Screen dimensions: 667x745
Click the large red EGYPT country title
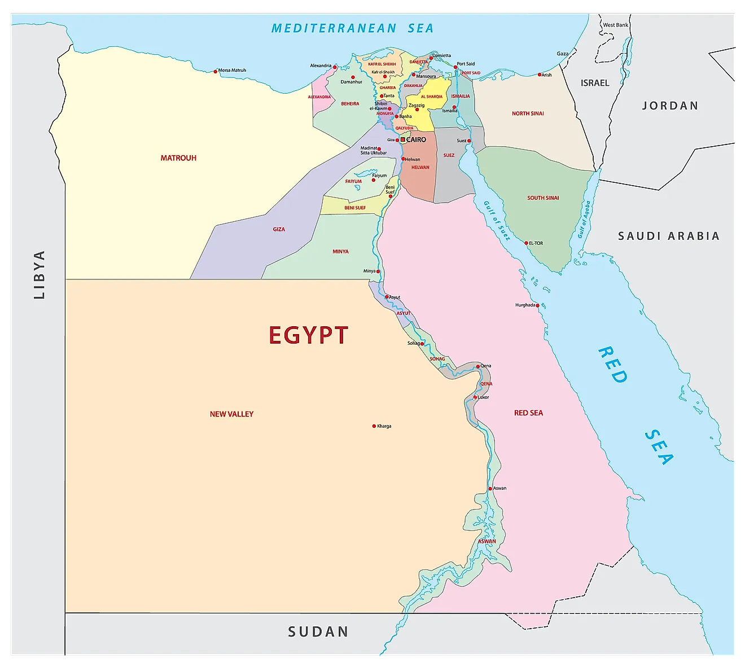click(x=308, y=335)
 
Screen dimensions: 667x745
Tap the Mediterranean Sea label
click(x=352, y=28)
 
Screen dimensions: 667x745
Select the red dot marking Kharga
click(x=374, y=426)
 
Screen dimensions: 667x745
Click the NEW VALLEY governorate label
click(x=231, y=414)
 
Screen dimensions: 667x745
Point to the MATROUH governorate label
click(x=178, y=158)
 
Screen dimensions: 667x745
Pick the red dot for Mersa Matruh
click(x=216, y=71)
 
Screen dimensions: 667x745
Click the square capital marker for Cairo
click(x=402, y=139)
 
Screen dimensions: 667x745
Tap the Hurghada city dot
click(x=538, y=305)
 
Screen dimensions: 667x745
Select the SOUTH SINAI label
click(x=543, y=198)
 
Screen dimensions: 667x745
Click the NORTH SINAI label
click(x=528, y=113)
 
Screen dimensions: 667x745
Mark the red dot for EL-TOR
click(x=526, y=243)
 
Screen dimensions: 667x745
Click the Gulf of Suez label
click(x=497, y=221)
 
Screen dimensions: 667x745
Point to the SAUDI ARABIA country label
click(x=668, y=236)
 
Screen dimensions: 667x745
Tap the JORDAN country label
click(x=670, y=106)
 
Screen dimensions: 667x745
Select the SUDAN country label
click(x=318, y=632)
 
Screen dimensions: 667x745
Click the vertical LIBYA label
click(x=40, y=275)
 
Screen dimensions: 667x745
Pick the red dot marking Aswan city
click(x=490, y=489)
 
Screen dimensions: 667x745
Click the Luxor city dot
click(x=475, y=397)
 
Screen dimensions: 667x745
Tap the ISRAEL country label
click(x=595, y=83)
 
